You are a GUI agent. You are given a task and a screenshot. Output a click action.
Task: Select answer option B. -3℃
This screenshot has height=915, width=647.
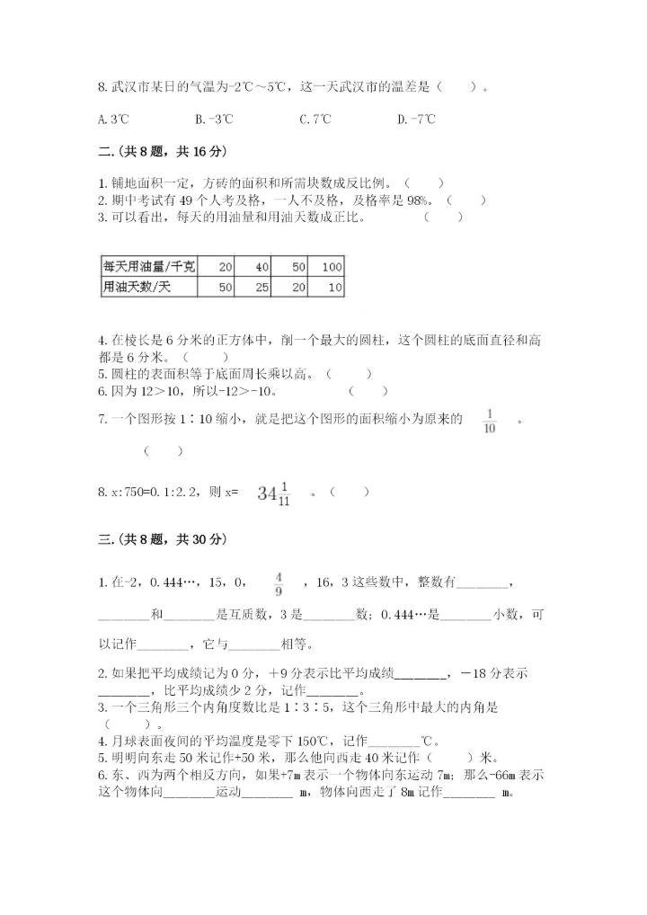214,119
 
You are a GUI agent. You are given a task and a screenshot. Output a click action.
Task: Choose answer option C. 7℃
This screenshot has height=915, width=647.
315,119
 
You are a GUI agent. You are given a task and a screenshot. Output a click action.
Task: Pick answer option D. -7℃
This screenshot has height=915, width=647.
416,119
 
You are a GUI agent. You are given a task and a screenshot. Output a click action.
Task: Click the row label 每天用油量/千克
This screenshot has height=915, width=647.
150,267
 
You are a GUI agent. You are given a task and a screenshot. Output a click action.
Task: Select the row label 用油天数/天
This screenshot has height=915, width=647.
137,288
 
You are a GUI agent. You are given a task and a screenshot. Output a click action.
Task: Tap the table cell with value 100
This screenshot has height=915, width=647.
331,267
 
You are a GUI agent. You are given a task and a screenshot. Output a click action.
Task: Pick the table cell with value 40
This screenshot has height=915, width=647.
261,267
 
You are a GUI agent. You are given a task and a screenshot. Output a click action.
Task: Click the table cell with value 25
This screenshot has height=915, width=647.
261,288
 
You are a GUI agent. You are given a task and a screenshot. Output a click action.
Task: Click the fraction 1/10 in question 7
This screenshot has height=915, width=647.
490,420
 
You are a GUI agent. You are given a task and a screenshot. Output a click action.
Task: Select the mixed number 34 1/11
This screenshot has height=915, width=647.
274,492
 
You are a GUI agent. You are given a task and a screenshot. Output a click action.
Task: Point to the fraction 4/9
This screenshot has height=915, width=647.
279,584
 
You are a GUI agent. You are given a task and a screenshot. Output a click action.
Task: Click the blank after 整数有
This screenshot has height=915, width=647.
484,584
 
